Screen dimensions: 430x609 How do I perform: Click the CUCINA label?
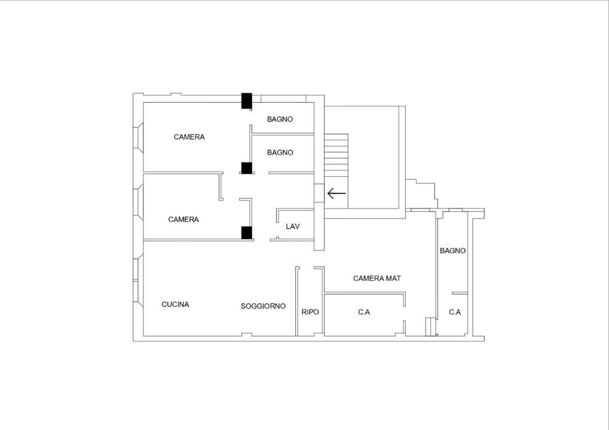coord(175,305)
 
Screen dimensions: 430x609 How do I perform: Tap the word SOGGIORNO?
coord(263,306)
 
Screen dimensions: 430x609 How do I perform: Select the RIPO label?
coord(310,312)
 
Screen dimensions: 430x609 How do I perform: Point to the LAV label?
coord(293,226)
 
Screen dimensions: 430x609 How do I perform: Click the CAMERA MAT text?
coord(377,278)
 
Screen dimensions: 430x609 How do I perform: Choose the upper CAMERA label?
coord(189,137)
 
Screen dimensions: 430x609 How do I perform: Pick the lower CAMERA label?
coord(183,219)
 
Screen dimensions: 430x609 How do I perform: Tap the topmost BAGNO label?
coord(280,119)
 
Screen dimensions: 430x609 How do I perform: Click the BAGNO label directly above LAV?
coord(280,152)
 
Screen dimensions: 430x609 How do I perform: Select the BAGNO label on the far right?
coord(452,251)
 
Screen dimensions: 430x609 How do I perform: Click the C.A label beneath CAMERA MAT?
coord(364,312)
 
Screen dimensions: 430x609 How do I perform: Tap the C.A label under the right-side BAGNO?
coord(455,312)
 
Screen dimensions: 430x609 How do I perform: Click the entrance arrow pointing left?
coord(336,193)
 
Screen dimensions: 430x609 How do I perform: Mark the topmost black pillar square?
coord(246,100)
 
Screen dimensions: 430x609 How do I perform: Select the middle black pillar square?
coord(246,168)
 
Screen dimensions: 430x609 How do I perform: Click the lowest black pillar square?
coord(246,232)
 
